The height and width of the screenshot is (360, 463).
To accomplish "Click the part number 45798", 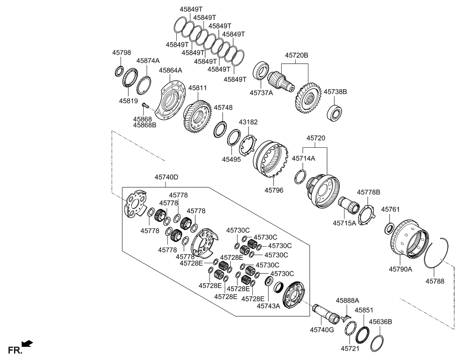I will [121, 53].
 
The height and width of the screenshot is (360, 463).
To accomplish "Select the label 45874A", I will [148, 61].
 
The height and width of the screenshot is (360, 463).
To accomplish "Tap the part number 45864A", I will [170, 70].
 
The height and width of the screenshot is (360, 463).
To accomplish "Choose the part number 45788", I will [435, 281].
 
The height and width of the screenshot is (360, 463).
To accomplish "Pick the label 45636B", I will [380, 322].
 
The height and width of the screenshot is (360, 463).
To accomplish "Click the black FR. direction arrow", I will [27, 343].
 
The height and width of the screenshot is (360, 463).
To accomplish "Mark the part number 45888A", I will [347, 300].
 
